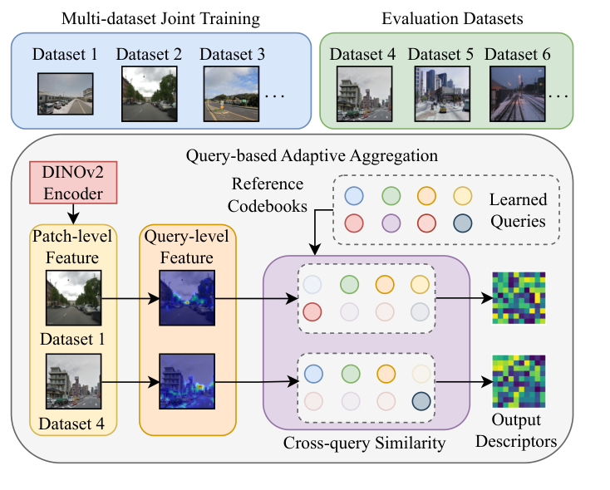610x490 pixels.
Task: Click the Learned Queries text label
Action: [518, 211]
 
